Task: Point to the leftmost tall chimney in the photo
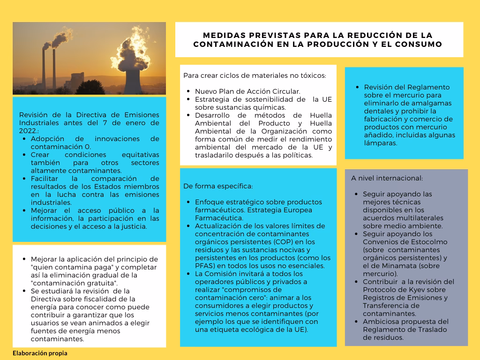44,68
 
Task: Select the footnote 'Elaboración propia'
40,353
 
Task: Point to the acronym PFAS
205,266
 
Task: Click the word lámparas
380,143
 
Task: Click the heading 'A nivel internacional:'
387,178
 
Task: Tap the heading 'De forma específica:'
218,186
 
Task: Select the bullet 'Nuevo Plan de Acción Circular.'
247,91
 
